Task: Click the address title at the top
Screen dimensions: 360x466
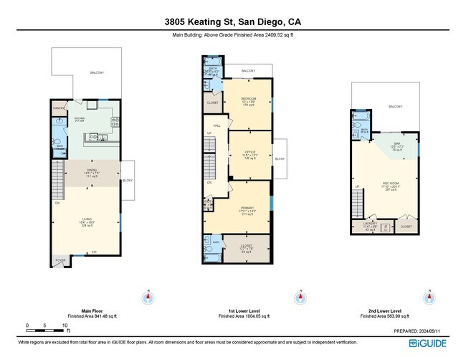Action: (232, 10)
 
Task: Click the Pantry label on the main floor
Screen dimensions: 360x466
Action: (60, 110)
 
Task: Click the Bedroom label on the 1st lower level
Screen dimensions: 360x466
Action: (249, 100)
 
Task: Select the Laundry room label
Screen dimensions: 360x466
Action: (370, 226)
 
